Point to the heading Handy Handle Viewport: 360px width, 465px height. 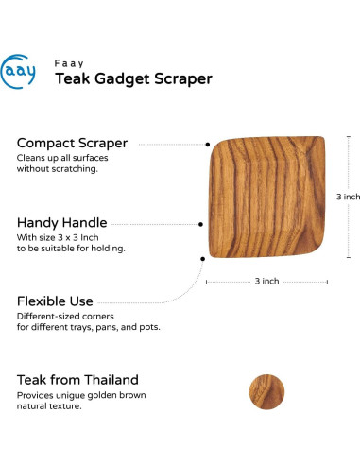62,223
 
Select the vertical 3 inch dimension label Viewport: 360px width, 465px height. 348,197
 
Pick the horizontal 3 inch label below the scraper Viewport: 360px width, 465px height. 266,281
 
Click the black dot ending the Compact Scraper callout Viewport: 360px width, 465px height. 208,145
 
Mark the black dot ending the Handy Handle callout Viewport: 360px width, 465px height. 201,225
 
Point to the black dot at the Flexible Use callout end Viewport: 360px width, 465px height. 202,256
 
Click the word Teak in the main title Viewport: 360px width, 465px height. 73,79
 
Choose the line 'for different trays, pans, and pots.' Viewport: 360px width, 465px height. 89,327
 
